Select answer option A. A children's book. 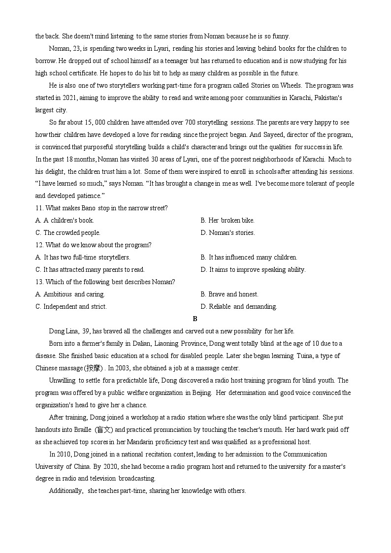click(65, 221)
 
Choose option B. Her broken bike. click(228, 221)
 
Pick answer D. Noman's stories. click(228, 233)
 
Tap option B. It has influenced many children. click(249, 258)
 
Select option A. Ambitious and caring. click(70, 294)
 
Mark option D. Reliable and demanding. click(239, 307)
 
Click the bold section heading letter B click(195, 319)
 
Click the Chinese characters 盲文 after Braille click(104, 430)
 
